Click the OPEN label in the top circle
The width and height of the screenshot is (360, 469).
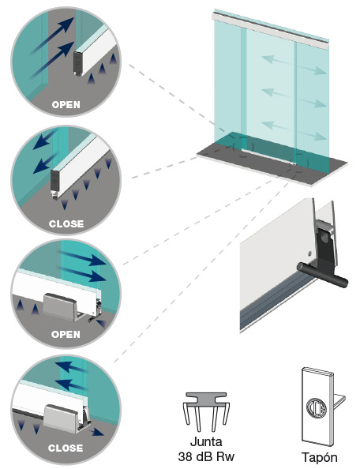click(x=66, y=105)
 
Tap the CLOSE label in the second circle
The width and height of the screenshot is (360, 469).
click(x=66, y=223)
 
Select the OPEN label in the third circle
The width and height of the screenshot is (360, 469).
click(x=66, y=335)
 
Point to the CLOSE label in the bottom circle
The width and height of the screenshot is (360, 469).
click(x=66, y=448)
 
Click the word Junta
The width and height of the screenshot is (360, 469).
click(x=206, y=442)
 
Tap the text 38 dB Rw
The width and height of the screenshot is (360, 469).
click(x=206, y=456)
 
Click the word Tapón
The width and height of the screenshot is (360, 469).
click(x=319, y=457)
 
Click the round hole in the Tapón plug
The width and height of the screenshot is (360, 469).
click(x=317, y=408)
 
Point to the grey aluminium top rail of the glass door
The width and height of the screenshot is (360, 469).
click(x=271, y=31)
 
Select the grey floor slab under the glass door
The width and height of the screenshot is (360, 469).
click(x=272, y=163)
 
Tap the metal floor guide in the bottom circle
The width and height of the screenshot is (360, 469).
click(x=62, y=418)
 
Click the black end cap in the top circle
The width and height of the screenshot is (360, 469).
click(x=77, y=63)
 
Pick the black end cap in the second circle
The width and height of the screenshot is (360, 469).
click(x=54, y=182)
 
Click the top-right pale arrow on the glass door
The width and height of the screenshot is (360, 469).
click(x=312, y=69)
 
